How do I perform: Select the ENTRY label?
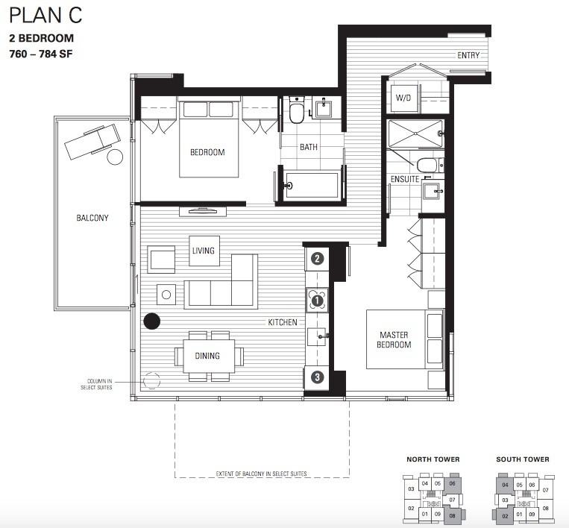(x=468, y=55)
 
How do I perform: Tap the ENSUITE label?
(x=404, y=179)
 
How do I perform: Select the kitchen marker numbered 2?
(x=317, y=260)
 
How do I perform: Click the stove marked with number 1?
(x=317, y=301)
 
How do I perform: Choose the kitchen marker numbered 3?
(x=317, y=377)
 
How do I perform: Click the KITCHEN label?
(x=283, y=322)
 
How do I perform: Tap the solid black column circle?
(x=151, y=321)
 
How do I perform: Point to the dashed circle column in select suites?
(x=151, y=380)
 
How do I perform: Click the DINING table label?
(x=207, y=356)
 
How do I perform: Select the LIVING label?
(x=203, y=251)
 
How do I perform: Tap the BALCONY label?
(x=92, y=218)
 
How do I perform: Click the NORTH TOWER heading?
(x=433, y=459)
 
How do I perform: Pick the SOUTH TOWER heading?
(x=522, y=459)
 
